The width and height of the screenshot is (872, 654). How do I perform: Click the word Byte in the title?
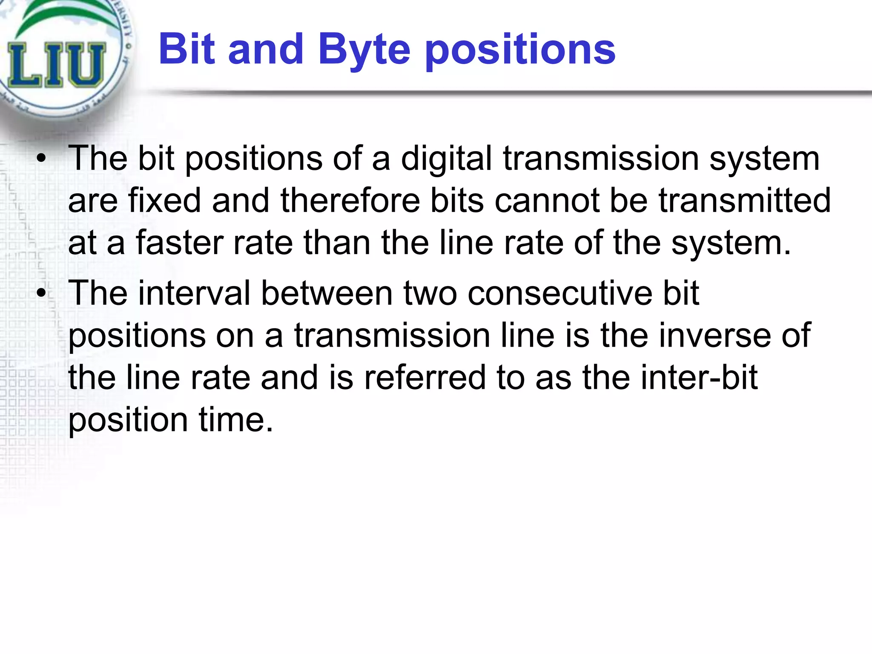click(364, 50)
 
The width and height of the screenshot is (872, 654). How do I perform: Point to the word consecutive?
click(560, 293)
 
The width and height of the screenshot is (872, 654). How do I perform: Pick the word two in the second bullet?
click(430, 293)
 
